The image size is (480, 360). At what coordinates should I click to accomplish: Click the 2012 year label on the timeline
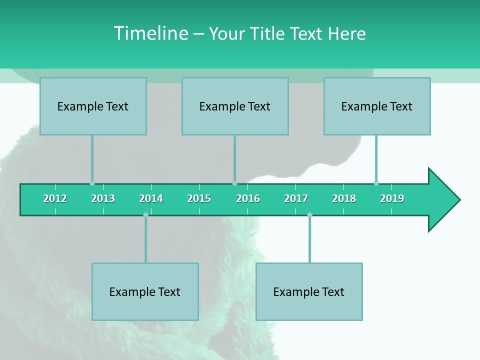click(x=55, y=198)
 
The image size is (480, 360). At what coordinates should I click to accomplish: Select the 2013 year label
click(x=103, y=198)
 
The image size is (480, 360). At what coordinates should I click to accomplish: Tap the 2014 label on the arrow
click(x=151, y=198)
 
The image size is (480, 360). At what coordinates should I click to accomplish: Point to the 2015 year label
click(x=199, y=198)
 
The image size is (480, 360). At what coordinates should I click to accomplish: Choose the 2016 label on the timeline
click(x=248, y=198)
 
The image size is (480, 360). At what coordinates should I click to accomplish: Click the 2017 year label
click(x=296, y=198)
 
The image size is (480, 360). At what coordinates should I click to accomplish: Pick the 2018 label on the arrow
click(x=344, y=198)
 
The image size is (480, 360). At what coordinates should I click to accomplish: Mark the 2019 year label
click(x=392, y=198)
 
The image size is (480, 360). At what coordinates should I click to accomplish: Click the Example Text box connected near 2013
click(x=93, y=106)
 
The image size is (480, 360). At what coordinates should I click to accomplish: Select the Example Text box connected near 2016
click(x=235, y=106)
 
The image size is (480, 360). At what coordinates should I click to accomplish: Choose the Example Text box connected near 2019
click(x=377, y=106)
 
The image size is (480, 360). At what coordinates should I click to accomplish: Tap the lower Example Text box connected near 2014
click(x=145, y=291)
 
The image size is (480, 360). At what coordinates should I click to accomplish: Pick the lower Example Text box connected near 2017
click(x=309, y=291)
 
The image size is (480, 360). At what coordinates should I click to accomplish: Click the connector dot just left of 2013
click(x=92, y=183)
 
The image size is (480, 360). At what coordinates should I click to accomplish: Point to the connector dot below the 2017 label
click(x=309, y=215)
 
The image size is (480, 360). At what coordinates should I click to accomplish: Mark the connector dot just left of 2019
click(x=376, y=183)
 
